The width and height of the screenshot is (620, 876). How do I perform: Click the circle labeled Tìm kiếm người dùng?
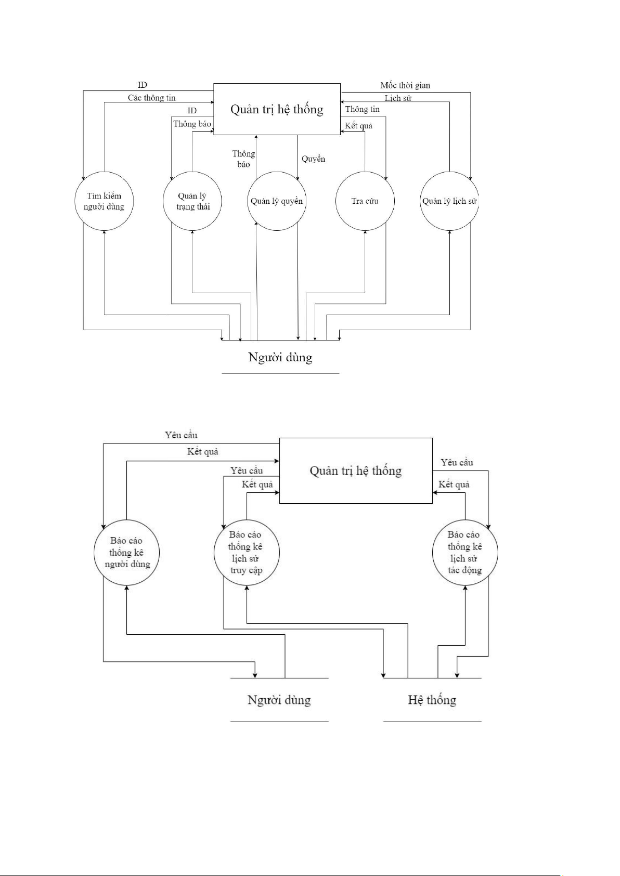(x=104, y=201)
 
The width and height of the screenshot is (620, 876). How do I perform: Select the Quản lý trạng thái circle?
(x=192, y=201)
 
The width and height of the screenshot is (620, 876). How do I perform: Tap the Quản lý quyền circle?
(x=277, y=201)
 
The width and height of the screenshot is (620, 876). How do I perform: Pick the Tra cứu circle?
(x=365, y=201)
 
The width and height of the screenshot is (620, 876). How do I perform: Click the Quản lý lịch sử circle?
(x=449, y=201)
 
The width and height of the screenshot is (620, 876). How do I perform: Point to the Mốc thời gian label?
(x=405, y=85)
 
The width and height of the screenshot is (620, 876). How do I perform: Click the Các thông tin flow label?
(x=152, y=98)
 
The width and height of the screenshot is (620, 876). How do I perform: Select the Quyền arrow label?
(x=313, y=159)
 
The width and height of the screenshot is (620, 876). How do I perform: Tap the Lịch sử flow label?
(x=398, y=98)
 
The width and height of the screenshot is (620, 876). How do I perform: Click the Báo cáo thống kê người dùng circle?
(x=127, y=552)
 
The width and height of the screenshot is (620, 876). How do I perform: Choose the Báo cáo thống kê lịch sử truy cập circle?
(x=246, y=552)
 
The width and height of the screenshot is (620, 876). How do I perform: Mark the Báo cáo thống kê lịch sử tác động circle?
(x=464, y=552)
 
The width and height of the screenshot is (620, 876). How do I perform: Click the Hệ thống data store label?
(x=432, y=700)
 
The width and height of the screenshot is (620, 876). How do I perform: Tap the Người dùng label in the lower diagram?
(x=279, y=700)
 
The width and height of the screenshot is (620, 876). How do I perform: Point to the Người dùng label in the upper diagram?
(x=280, y=357)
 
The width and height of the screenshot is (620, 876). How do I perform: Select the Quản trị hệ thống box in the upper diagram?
(x=277, y=109)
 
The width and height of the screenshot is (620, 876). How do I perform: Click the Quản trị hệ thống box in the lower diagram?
(x=356, y=470)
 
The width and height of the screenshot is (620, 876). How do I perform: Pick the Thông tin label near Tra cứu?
(x=363, y=109)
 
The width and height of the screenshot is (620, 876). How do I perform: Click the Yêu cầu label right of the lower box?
(x=457, y=462)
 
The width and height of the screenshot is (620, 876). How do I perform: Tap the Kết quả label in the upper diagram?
(x=358, y=126)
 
